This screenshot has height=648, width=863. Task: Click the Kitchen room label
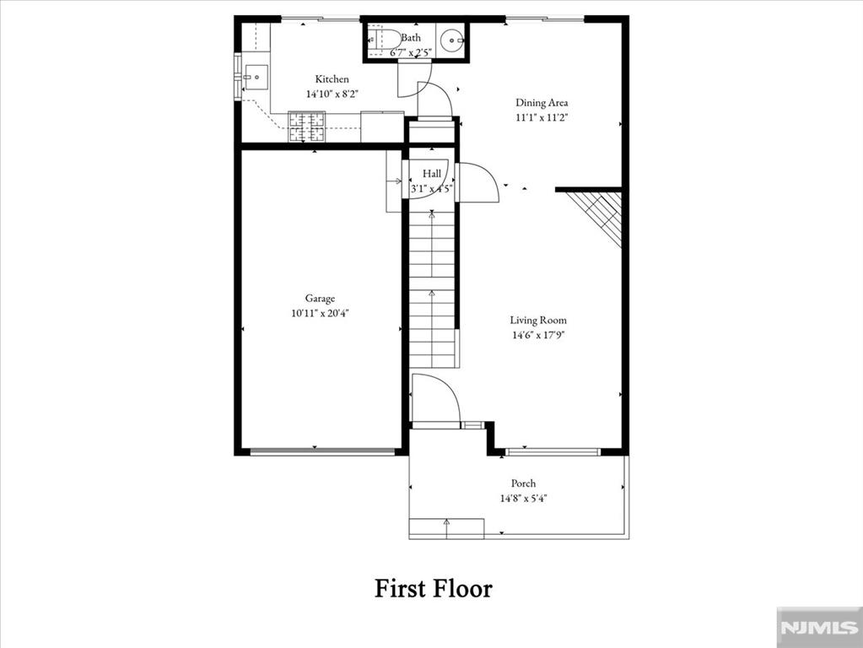pos(332,79)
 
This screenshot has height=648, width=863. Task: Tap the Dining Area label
pos(542,103)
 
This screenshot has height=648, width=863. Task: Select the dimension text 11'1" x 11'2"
pos(542,118)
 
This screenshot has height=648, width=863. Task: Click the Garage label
pos(320,298)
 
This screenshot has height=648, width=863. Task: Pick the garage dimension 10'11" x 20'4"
pos(320,313)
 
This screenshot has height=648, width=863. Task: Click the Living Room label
pos(537,320)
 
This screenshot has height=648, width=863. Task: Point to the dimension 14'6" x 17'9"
pos(537,335)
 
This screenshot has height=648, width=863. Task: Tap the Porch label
pos(523,483)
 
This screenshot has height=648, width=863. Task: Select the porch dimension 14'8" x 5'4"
pos(523,498)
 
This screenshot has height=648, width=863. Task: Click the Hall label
pos(432,174)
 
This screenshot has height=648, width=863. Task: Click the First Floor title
pos(433,588)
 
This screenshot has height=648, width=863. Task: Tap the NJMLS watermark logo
pos(817,628)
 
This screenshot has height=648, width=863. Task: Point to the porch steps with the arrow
pos(446,528)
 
